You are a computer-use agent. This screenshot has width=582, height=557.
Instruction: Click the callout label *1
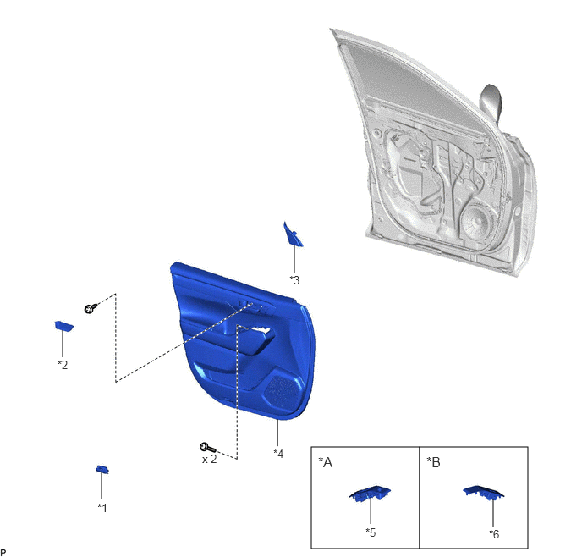102,507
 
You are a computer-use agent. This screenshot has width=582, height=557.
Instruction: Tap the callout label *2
63,365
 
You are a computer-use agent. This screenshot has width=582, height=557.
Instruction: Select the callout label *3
294,280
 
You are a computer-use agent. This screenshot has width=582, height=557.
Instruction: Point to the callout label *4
278,454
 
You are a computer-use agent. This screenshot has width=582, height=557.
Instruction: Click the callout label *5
371,532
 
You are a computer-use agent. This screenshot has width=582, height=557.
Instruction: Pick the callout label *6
494,533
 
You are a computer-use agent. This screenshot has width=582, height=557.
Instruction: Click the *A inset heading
326,462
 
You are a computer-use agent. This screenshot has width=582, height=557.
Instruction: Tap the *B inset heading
433,462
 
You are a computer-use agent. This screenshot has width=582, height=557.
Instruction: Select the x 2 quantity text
209,460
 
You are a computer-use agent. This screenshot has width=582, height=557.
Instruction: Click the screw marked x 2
207,448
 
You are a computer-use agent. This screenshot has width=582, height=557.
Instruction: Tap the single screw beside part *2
91,308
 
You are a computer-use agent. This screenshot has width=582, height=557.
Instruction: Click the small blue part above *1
102,469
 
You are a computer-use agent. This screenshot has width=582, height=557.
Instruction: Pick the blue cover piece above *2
63,326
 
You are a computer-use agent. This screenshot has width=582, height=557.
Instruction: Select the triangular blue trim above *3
293,234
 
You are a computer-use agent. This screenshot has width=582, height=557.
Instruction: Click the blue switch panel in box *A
370,494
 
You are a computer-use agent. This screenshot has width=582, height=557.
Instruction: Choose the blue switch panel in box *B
483,492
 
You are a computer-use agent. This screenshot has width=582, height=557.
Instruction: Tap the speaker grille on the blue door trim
283,392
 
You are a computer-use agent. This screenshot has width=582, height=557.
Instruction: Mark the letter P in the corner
3,553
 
